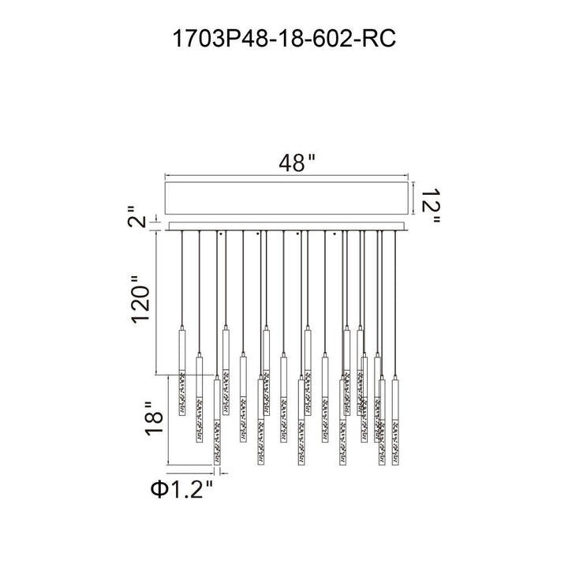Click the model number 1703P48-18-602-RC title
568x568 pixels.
tap(284, 39)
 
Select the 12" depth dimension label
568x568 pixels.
tap(431, 205)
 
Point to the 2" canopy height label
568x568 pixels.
tap(136, 217)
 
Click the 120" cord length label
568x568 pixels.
tap(140, 300)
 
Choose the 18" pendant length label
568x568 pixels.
tap(154, 418)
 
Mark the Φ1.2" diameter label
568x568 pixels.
tap(182, 489)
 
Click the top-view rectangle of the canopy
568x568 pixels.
tap(286, 198)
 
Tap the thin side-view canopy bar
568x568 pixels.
tap(286, 226)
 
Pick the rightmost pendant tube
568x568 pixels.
tap(395, 420)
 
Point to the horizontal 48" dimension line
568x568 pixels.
tap(286, 177)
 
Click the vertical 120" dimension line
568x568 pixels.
tap(156, 303)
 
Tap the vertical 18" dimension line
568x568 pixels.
tap(169, 420)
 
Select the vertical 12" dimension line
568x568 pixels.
tap(413, 198)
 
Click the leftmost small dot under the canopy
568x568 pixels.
tap(220, 234)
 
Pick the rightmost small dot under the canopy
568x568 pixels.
tap(334, 234)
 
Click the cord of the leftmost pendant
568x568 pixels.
tap(182, 278)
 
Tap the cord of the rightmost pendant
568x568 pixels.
tap(395, 304)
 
